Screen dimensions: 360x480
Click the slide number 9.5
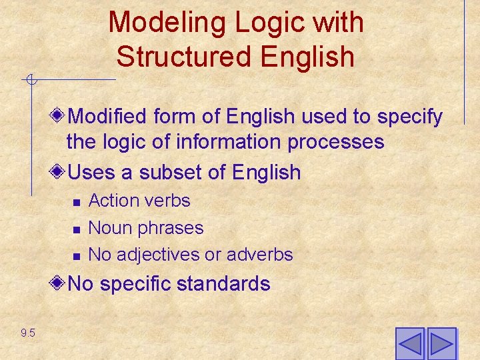pos(28,333)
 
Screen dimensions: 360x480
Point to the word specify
pos(410,117)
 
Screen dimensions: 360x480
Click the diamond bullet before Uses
pos(58,172)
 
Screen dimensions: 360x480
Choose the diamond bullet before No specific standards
pos(58,283)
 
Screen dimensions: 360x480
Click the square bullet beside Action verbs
pos(77,202)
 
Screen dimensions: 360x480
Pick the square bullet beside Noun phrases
pos(77,229)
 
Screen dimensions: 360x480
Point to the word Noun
pos(109,228)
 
